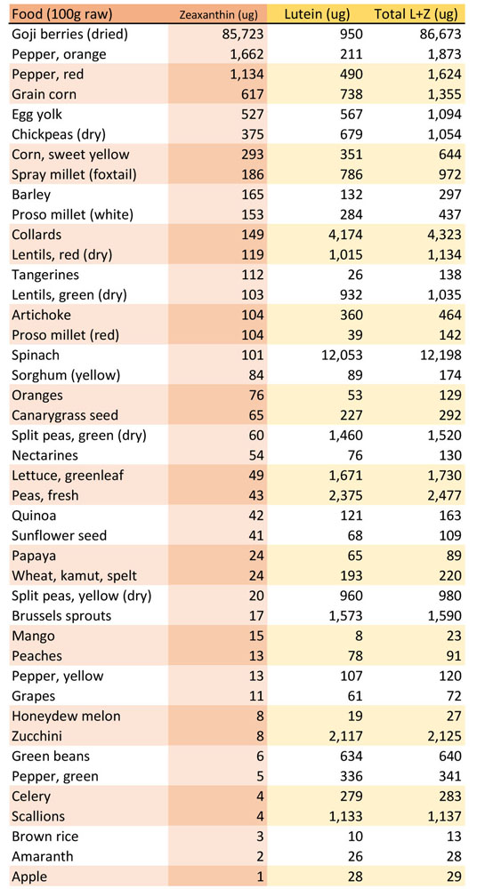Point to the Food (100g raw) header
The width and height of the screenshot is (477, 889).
[x=62, y=13]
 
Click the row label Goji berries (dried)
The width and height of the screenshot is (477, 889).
[x=69, y=35]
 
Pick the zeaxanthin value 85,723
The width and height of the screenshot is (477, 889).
[x=242, y=35]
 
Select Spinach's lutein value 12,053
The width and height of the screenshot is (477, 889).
[x=340, y=356]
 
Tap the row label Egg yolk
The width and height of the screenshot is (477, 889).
[x=36, y=115]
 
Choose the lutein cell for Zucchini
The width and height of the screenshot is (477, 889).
[x=344, y=736]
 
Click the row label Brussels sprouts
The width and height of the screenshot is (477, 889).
[x=61, y=616]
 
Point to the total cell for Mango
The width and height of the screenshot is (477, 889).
[x=452, y=637]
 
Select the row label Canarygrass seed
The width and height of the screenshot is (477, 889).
[x=65, y=415]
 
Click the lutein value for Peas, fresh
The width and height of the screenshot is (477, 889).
[x=344, y=495]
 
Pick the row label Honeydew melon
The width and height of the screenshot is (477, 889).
[x=66, y=717]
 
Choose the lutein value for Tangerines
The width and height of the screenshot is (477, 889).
[x=354, y=275]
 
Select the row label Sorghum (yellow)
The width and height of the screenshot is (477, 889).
[x=65, y=375]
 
